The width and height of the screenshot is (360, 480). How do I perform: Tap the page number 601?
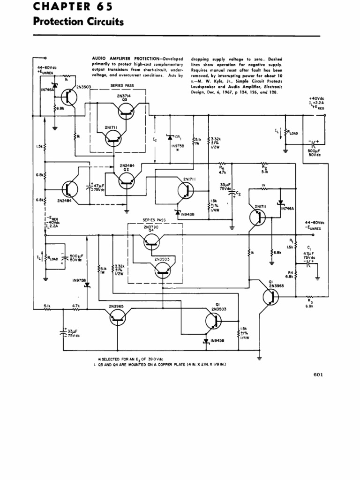pyautogui.click(x=318, y=374)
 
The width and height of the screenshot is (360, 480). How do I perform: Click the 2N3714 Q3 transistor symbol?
pyautogui.click(x=126, y=111)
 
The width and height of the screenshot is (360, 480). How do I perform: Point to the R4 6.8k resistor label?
pyautogui.click(x=290, y=274)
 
